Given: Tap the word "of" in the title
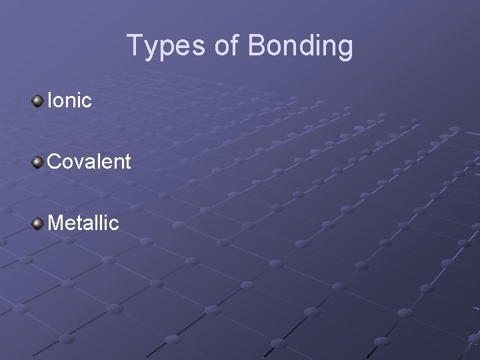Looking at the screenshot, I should point(227,46).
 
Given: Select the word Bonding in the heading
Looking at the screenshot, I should point(300,46).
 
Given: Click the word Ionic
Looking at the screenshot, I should point(69,101).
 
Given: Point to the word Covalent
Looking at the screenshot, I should point(89,161).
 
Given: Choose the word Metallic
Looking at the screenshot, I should point(83,222).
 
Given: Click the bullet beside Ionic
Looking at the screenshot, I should point(37,101).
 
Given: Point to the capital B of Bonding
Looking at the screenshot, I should point(257,46).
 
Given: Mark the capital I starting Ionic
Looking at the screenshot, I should point(50,101).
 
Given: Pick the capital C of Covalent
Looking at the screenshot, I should point(55,161).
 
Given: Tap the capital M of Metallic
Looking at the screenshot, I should point(56,222).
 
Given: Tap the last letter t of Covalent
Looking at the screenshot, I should point(127,161).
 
